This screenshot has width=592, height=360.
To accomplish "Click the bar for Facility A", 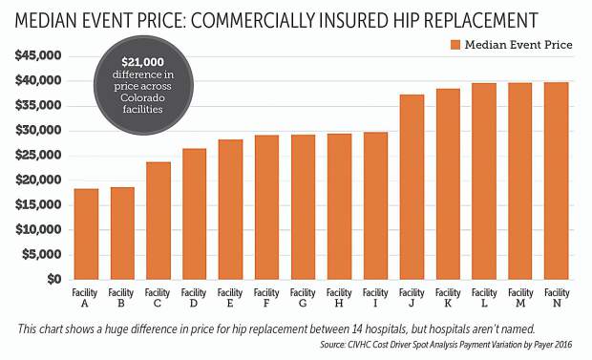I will [86, 234].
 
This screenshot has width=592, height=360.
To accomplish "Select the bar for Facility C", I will [159, 221].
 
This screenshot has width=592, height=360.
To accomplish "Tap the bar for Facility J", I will [412, 187].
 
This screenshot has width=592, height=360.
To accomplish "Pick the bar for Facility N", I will [557, 181].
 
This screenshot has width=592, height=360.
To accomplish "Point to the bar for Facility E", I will [230, 210].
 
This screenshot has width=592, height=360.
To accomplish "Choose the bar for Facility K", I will [448, 184].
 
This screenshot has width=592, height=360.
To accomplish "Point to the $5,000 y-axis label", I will [41, 255].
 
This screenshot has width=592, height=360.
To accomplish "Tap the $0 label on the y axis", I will [53, 280].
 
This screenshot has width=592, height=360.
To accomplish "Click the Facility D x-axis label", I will [194, 298].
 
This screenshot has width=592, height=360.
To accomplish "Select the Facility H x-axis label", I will [339, 298].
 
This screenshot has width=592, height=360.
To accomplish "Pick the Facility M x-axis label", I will [520, 298].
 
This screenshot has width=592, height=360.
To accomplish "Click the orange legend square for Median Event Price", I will [454, 45].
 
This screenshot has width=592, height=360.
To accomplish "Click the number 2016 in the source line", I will [575, 345].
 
